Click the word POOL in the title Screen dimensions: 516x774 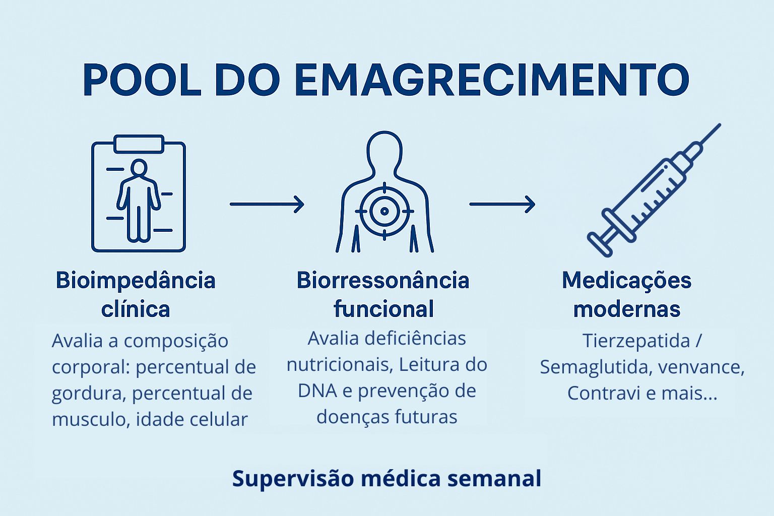click(x=142, y=80)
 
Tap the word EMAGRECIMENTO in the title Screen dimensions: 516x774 click(x=491, y=80)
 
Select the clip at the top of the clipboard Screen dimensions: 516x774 click(x=139, y=144)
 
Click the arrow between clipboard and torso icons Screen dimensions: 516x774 click(x=267, y=204)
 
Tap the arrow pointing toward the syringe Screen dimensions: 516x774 click(x=502, y=204)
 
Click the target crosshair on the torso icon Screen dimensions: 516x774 click(x=384, y=211)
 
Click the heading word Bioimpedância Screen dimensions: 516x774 click(x=136, y=280)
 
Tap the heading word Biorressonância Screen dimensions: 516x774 click(x=383, y=280)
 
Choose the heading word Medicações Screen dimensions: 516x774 click(x=626, y=280)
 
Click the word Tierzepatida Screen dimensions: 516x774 click(x=636, y=341)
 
